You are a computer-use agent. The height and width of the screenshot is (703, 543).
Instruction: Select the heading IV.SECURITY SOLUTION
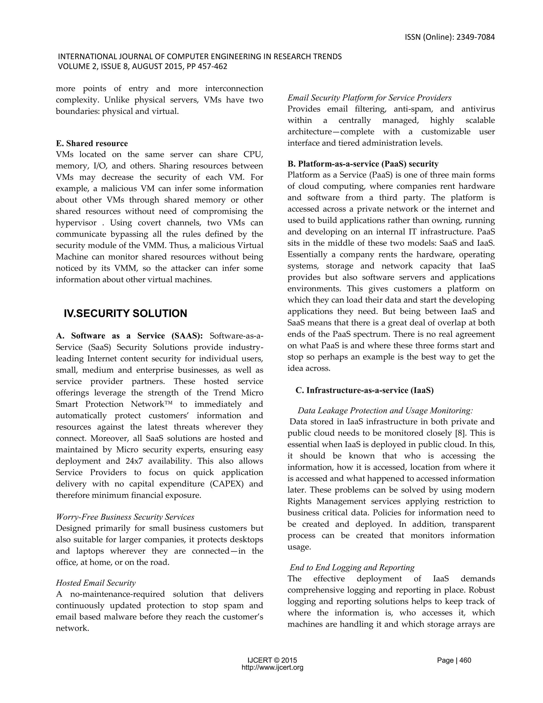pos(125,313)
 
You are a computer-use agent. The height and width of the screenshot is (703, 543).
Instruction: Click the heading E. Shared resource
pos(92,143)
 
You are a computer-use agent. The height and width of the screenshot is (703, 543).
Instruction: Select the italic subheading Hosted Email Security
pos(95,583)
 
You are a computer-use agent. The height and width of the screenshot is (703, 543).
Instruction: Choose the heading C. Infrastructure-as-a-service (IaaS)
pos(365,390)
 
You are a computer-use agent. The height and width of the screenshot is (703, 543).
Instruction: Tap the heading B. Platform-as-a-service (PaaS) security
pos(363,164)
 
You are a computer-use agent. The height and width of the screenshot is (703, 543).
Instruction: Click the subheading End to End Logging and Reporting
pos(352,567)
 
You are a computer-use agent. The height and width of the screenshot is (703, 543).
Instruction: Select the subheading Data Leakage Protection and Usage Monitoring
pos(385,410)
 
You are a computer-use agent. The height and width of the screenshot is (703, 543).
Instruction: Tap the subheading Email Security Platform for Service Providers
pos(369,98)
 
